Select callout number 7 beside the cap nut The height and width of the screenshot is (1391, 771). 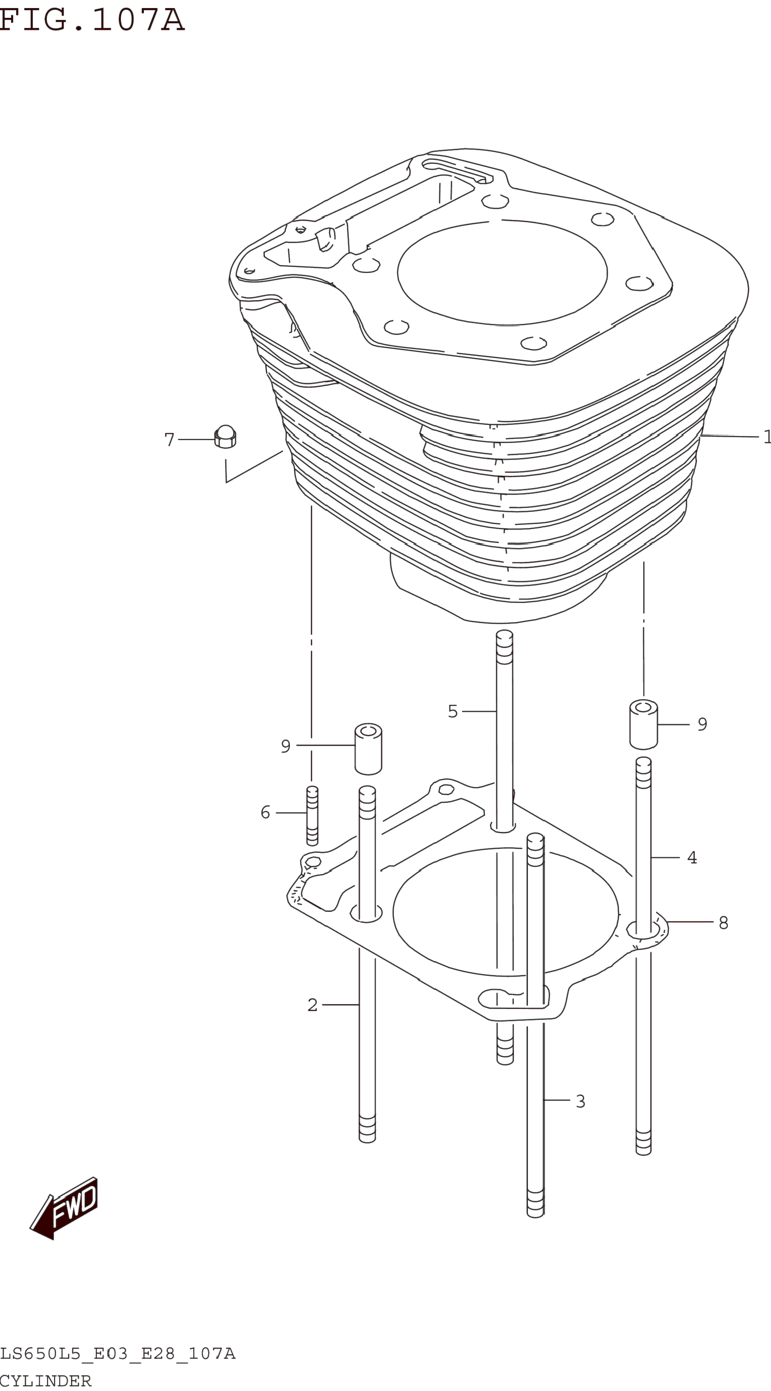170,440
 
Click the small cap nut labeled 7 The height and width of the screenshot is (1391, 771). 225,437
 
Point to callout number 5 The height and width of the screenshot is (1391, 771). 452,711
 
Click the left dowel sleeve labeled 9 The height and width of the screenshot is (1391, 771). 368,748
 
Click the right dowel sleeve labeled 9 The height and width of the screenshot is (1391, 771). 644,724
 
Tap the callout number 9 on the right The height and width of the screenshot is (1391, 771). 702,724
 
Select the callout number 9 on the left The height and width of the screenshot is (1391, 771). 286,746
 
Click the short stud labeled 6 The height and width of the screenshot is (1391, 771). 312,815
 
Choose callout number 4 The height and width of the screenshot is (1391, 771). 692,858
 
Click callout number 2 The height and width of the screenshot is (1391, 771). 312,1005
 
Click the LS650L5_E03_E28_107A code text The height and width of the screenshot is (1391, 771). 118,1354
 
